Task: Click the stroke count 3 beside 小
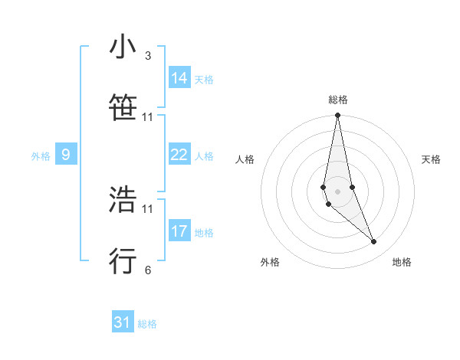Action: tap(147, 56)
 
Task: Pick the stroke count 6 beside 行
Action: tap(147, 270)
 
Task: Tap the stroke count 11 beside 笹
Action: tap(147, 117)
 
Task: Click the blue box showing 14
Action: tap(179, 78)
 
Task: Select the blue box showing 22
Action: tap(179, 155)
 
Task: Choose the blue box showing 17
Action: tap(179, 231)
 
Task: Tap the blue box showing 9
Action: tap(66, 155)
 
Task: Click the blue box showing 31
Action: tap(123, 322)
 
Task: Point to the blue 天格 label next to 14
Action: tap(204, 80)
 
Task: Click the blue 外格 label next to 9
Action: tap(41, 156)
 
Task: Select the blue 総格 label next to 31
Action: tap(147, 324)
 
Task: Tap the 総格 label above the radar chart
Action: tap(338, 100)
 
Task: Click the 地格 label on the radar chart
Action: tap(402, 262)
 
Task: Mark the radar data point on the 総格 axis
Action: tap(337, 116)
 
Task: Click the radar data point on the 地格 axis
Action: tap(374, 242)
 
